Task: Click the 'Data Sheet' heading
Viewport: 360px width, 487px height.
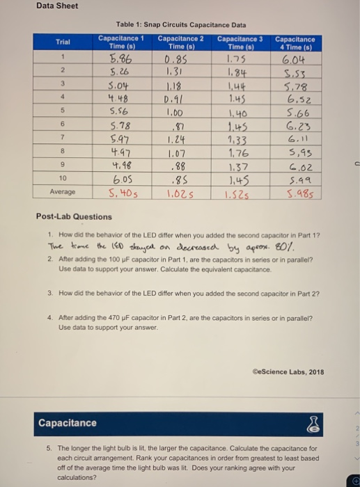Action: [58, 6]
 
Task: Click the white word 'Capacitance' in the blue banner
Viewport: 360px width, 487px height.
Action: [67, 423]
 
